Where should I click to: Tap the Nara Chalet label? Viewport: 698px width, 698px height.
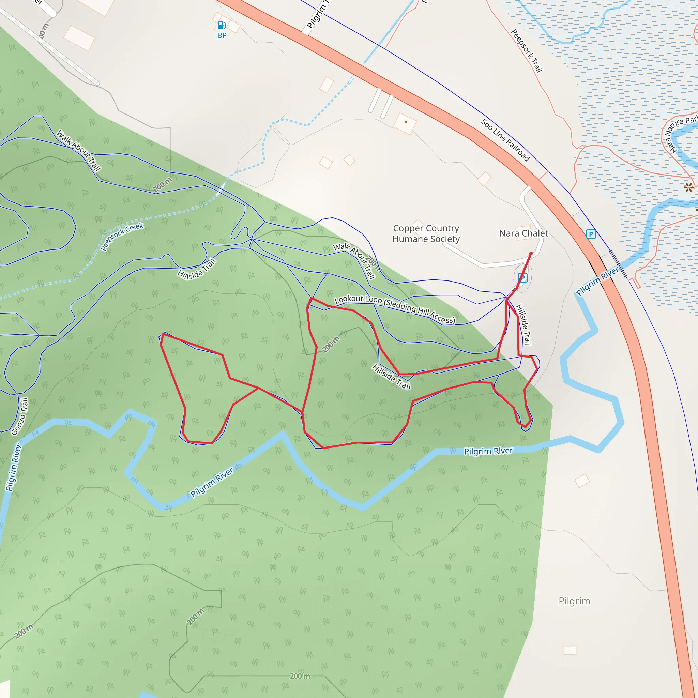point(523,233)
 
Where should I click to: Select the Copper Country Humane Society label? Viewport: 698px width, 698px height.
point(426,233)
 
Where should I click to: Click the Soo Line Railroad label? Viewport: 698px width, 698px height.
point(505,140)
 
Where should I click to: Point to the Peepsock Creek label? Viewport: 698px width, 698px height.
point(122,237)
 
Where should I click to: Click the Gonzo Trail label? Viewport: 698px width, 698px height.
point(19,416)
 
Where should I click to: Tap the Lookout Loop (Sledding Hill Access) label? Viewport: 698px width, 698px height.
point(395,309)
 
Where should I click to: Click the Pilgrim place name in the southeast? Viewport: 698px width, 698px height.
point(574,601)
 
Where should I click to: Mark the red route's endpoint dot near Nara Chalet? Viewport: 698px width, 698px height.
point(531,254)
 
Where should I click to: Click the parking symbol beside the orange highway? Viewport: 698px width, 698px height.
point(591,234)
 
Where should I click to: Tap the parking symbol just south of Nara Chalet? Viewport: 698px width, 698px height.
point(523,277)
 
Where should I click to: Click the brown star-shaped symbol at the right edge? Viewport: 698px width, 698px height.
point(688,187)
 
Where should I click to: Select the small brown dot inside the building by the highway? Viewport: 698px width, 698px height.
point(406,122)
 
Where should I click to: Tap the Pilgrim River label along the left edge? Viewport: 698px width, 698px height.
point(13,468)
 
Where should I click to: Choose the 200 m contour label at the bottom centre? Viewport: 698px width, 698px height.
point(300,676)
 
